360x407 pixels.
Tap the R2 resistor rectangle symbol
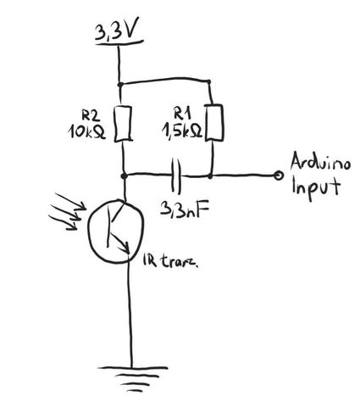coord(124,124)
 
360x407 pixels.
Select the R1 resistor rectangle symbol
coord(213,122)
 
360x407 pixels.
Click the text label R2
coord(91,115)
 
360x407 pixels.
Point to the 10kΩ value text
coord(86,131)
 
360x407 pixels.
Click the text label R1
coord(182,114)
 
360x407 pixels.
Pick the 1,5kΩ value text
coord(182,131)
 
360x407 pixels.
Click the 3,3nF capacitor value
coord(186,209)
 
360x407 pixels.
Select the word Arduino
coord(320,163)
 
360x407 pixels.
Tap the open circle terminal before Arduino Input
coord(279,176)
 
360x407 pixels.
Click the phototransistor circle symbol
coord(116,231)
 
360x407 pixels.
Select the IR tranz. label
coord(171,261)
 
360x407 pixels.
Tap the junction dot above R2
coord(119,84)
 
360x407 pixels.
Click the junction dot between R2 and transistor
coord(124,176)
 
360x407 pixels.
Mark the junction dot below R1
coord(210,176)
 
